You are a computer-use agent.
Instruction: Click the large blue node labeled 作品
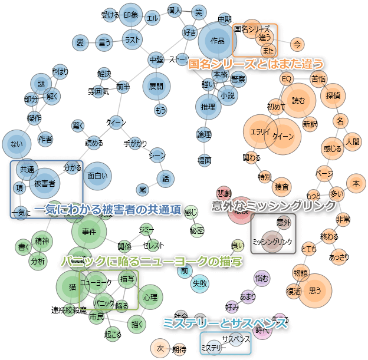pyautogui.click(x=217, y=40)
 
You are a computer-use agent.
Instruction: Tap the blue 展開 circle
pyautogui.click(x=156, y=86)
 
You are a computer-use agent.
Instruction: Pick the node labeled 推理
pyautogui.click(x=208, y=107)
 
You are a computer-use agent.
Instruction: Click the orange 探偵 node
pyautogui.click(x=333, y=95)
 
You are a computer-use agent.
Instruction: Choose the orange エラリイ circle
pyautogui.click(x=260, y=132)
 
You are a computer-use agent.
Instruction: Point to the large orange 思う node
pyautogui.click(x=315, y=290)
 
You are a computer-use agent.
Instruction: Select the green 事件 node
pyautogui.click(x=89, y=232)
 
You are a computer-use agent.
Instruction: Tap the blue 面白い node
pyautogui.click(x=96, y=175)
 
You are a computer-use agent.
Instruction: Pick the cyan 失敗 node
pyautogui.click(x=200, y=283)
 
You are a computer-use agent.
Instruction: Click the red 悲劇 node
pyautogui.click(x=224, y=193)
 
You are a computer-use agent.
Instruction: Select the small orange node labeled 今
pyautogui.click(x=298, y=44)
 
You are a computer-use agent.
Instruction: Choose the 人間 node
pyautogui.click(x=353, y=141)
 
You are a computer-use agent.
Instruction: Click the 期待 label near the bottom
pyautogui.click(x=179, y=349)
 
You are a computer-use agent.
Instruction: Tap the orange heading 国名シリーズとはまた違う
pyautogui.click(x=256, y=64)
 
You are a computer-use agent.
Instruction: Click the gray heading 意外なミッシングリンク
pyautogui.click(x=274, y=206)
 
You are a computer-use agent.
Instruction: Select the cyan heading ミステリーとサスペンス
pyautogui.click(x=225, y=322)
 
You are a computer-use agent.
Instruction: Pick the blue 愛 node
pyautogui.click(x=80, y=42)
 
